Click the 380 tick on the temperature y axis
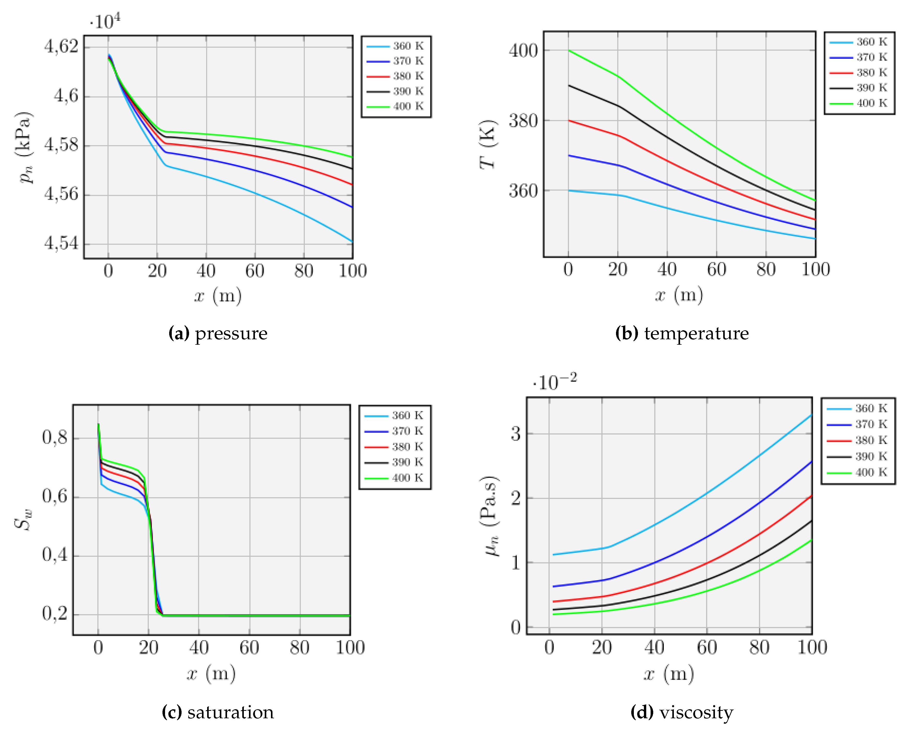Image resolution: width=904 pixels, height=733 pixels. [523, 121]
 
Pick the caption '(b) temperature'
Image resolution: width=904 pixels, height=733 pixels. [682, 334]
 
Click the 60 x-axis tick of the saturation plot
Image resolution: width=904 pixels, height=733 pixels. [249, 648]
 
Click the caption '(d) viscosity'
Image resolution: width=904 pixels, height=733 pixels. [682, 712]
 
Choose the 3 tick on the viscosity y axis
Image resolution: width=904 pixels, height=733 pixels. [516, 434]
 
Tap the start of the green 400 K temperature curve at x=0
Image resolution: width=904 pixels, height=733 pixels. [569, 51]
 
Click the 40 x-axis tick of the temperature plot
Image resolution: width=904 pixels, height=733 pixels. [667, 269]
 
